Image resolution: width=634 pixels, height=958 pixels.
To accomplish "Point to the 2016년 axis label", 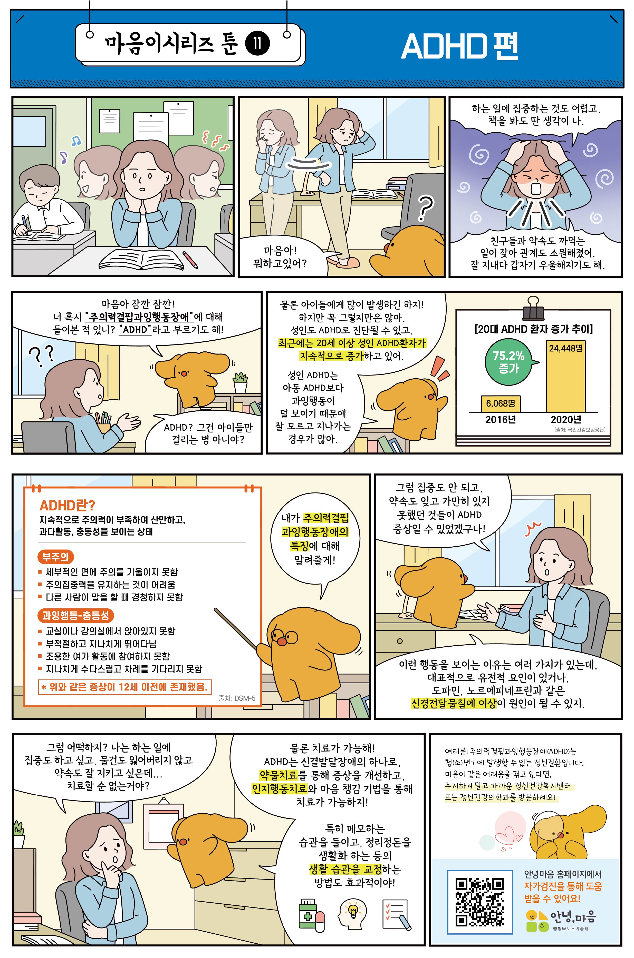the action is coord(501,419).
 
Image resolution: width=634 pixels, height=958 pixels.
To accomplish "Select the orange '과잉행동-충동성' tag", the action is coord(76,615).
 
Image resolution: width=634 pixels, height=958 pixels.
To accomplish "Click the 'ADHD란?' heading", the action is coord(67,506).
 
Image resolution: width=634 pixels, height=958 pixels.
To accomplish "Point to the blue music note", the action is coord(76,141).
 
